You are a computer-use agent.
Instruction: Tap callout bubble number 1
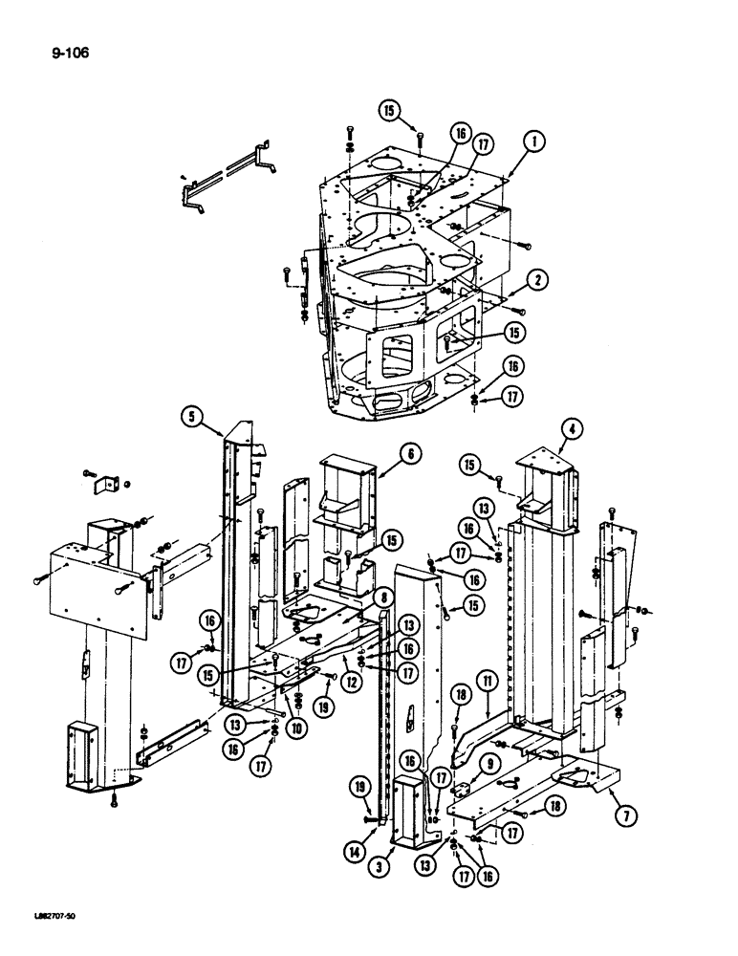click(x=534, y=141)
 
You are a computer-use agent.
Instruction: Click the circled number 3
click(x=380, y=869)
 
